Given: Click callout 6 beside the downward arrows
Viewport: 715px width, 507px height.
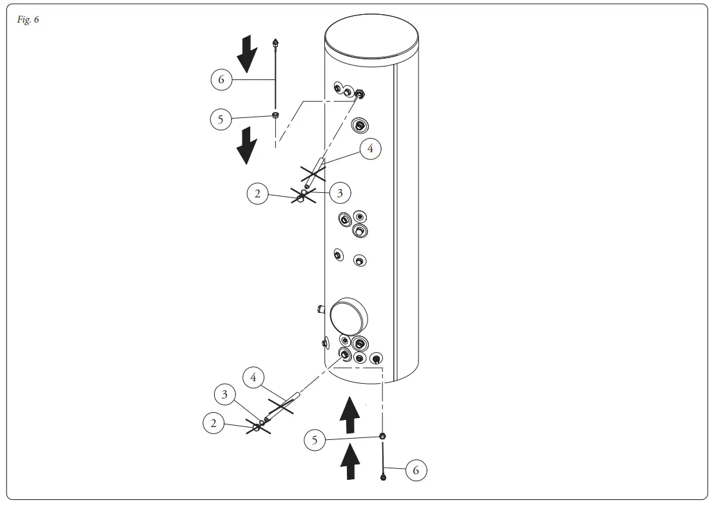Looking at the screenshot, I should click(221, 79).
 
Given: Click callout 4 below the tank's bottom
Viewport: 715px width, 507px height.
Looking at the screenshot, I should click(253, 377).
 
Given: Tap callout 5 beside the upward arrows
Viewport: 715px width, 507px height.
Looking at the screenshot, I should click(315, 441).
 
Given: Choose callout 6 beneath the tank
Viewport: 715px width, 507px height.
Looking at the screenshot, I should click(416, 470).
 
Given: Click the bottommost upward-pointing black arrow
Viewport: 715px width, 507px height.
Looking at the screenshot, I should click(349, 463).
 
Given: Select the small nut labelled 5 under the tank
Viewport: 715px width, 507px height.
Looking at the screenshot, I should click(382, 437).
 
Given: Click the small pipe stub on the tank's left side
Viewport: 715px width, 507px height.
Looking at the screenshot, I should click(322, 310).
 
